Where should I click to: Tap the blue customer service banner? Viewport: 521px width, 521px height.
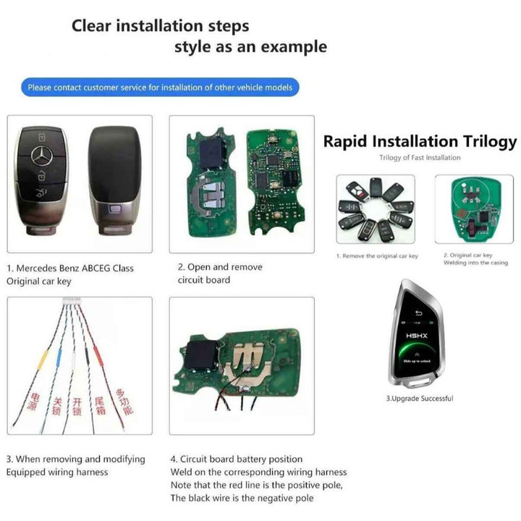tap(160, 88)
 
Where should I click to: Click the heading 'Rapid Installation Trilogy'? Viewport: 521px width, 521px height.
tap(420, 141)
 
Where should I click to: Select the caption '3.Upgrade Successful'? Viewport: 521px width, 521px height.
tap(419, 399)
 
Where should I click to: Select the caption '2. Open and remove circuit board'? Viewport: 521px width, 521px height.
tap(220, 273)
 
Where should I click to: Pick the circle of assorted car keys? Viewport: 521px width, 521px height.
tap(375, 210)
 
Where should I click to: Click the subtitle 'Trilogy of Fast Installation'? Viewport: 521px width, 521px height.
tap(420, 158)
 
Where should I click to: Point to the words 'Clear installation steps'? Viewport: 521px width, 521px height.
tap(160, 26)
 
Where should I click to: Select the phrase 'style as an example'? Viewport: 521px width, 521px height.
tap(250, 48)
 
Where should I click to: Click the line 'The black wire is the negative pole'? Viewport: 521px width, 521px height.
tap(242, 498)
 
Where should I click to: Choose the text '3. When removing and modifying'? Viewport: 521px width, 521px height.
tap(75, 459)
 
